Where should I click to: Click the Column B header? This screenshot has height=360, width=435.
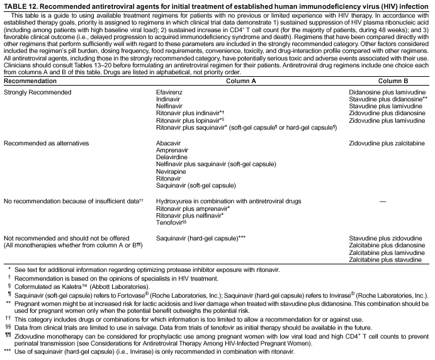coord(393,81)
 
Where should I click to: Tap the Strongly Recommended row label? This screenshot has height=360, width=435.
coord(37,92)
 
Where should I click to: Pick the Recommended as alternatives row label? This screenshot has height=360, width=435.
coord(46,143)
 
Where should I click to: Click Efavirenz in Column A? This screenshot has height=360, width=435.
coord(170,92)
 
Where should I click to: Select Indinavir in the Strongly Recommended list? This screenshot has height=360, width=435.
coord(168,99)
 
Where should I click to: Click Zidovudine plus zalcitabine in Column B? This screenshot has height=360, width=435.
coord(387,143)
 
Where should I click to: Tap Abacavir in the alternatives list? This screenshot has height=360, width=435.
coord(169,143)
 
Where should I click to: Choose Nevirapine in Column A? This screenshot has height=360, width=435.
coord(171,172)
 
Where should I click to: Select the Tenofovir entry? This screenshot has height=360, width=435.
coord(170,222)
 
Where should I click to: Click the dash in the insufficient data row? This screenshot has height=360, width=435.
coord(383,201)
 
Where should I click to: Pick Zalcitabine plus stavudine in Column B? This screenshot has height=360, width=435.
coord(385,259)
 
